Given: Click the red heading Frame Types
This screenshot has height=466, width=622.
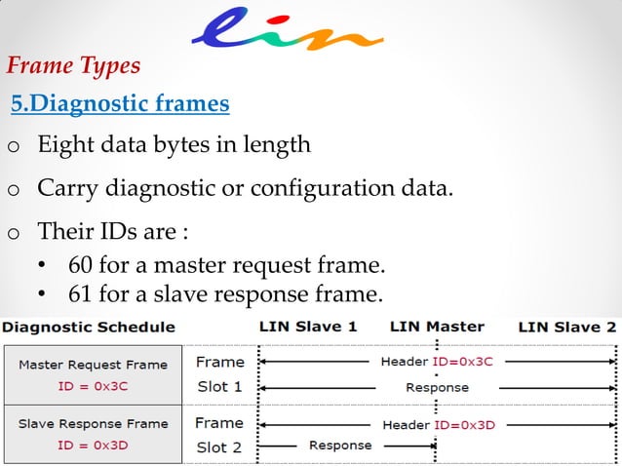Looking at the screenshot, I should click(x=73, y=66).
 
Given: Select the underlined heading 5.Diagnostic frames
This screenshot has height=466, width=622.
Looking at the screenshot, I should click(x=120, y=103).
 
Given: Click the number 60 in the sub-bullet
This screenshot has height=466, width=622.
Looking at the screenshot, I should click(x=81, y=265).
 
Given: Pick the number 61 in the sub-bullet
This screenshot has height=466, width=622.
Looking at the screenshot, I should click(x=81, y=293).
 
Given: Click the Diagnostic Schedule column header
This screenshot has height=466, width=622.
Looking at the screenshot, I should click(x=91, y=328).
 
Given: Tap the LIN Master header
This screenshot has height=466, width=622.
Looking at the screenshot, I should click(x=437, y=328).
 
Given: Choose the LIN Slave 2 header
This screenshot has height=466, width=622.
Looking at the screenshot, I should click(x=567, y=328).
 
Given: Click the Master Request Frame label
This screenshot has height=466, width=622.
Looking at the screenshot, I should click(x=93, y=365).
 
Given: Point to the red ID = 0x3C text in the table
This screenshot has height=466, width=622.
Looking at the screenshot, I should click(x=93, y=386).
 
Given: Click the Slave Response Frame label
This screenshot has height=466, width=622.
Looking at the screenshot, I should click(x=93, y=424).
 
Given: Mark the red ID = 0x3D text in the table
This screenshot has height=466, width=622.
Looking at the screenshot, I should click(x=93, y=446).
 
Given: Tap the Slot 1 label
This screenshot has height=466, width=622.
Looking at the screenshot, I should click(x=219, y=386).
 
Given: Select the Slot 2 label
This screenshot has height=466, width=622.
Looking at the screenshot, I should click(x=219, y=447).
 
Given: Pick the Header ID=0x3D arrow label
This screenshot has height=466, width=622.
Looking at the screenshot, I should click(x=438, y=424).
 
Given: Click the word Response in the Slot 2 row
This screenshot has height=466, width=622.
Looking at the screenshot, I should click(x=340, y=446).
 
